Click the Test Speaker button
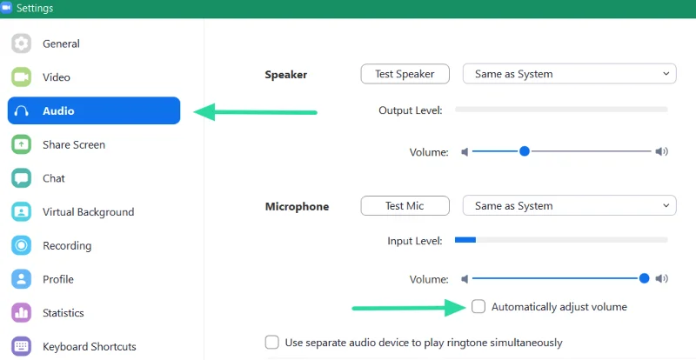[x=405, y=74]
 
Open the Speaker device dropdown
[x=570, y=74]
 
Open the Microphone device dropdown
[x=570, y=206]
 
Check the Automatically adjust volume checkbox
[x=478, y=307]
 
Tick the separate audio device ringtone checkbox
[x=271, y=343]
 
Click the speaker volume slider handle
[x=525, y=151]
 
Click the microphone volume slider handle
[x=644, y=278]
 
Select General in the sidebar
[x=61, y=43]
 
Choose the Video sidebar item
[x=57, y=77]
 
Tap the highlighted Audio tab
[x=94, y=110]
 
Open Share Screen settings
[x=74, y=144]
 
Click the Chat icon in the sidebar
[x=21, y=178]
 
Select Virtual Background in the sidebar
[x=89, y=212]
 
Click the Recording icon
[x=21, y=245]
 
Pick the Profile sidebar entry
[x=58, y=279]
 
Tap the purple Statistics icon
[x=21, y=313]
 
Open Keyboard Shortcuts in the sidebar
[x=90, y=347]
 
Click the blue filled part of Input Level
[x=465, y=240]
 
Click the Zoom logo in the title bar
[x=6, y=8]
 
